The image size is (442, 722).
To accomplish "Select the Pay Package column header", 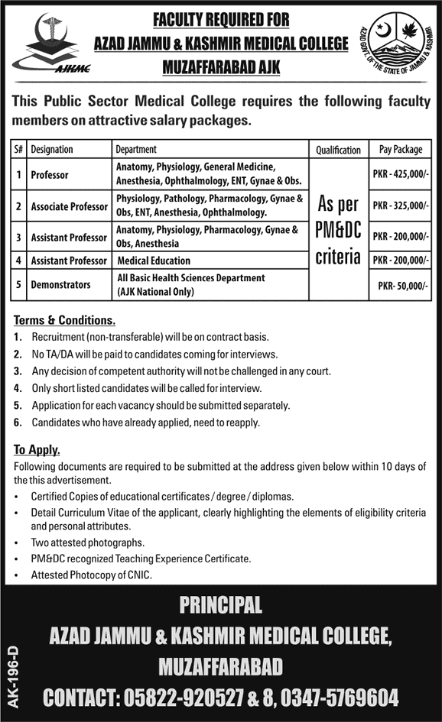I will pos(400,150).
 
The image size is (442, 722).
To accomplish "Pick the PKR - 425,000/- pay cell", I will pos(400,175).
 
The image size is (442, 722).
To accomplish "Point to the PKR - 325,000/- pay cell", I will pos(400,206).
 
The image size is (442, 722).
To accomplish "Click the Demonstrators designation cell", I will pos(60,285).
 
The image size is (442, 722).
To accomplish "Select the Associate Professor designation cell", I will pos(68,206).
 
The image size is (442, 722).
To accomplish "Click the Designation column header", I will pos(52,150).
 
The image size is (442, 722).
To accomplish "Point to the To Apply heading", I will pos(37,449).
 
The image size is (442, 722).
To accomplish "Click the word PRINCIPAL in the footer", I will pos(220,606).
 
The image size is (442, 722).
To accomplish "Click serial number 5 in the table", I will pos(18,285).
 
